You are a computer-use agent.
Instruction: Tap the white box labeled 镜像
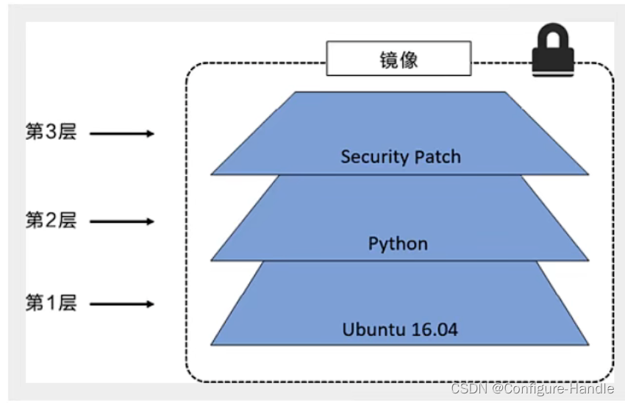[399, 58]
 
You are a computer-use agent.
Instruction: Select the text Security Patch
[401, 157]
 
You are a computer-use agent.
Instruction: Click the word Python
[398, 244]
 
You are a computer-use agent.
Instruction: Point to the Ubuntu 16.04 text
[400, 329]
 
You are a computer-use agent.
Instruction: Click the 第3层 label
[51, 132]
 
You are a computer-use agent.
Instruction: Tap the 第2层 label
[51, 220]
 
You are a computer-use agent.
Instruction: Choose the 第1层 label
[51, 302]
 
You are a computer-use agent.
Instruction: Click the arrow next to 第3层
[122, 134]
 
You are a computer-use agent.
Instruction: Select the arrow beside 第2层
[122, 221]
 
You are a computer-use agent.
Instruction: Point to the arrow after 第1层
[122, 304]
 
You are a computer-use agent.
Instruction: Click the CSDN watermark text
[532, 388]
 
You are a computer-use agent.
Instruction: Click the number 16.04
[434, 329]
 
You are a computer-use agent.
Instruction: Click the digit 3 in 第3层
[51, 132]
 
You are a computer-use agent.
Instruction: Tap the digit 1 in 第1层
[51, 302]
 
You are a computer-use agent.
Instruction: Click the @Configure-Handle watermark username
[553, 388]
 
